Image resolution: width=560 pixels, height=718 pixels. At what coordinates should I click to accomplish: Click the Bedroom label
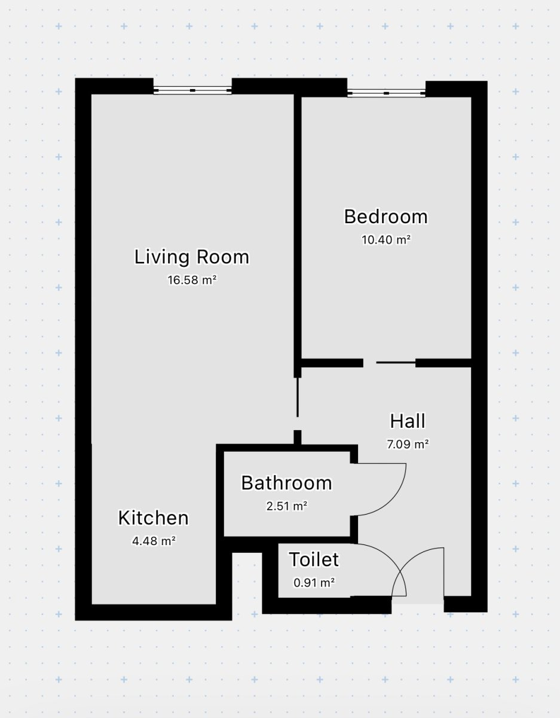(x=385, y=217)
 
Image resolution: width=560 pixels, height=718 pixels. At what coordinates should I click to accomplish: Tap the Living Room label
(x=192, y=257)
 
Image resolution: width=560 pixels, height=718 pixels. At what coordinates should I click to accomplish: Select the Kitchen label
(x=154, y=518)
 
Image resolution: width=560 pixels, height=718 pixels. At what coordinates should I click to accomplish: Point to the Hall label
(x=408, y=421)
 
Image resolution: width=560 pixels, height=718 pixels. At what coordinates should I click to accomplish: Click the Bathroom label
(x=286, y=483)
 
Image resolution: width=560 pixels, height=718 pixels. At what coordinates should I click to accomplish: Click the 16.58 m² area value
(x=192, y=280)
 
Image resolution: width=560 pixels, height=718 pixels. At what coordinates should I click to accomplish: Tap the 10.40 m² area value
(x=385, y=239)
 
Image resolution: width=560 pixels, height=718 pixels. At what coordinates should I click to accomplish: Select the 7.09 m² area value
(x=408, y=444)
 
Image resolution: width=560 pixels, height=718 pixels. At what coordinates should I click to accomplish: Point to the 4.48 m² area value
(x=154, y=541)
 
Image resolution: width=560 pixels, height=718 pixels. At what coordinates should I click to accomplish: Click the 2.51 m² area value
(x=286, y=506)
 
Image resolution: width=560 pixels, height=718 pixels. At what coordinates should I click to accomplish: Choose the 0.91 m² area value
(x=314, y=582)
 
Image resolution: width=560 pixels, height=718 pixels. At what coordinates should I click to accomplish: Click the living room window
(x=192, y=90)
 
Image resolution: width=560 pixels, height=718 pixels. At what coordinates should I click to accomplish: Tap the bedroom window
(x=386, y=93)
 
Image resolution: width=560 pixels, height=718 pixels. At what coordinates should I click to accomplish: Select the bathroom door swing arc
(x=394, y=499)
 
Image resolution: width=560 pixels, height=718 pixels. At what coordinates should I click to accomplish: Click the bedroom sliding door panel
(x=396, y=363)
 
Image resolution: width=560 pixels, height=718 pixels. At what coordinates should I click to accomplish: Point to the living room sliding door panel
(x=297, y=397)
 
